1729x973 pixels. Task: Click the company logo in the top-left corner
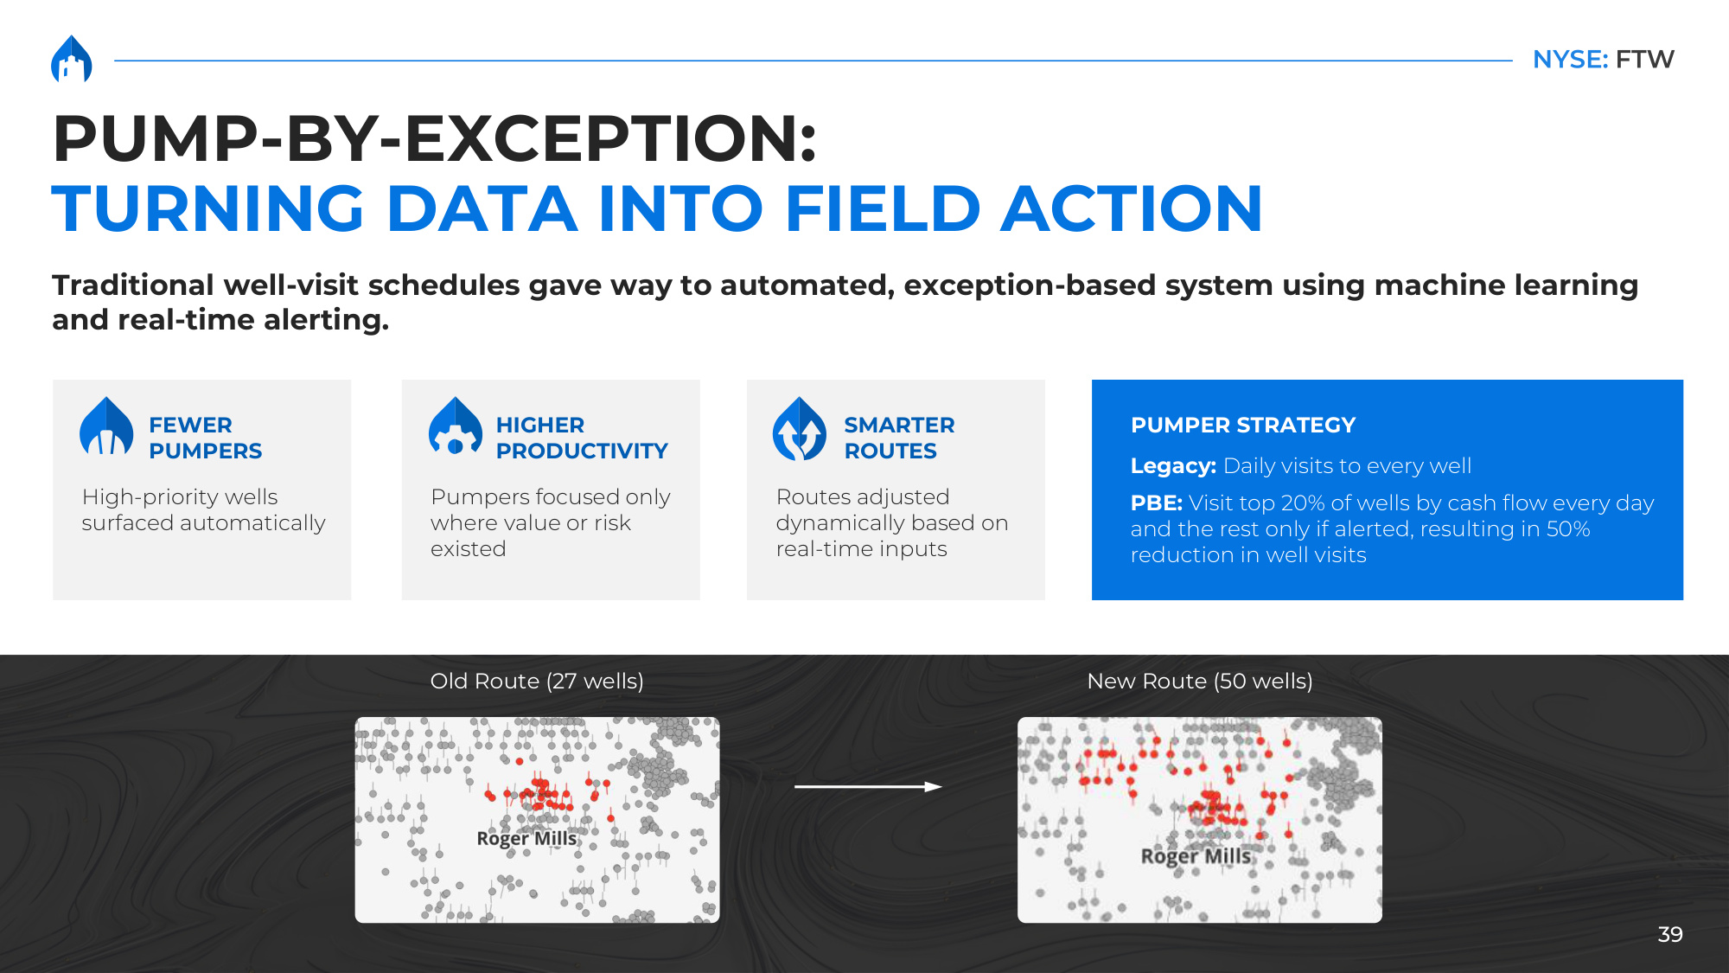(72, 59)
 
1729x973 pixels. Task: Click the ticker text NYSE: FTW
(1604, 60)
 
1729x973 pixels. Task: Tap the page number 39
(1670, 934)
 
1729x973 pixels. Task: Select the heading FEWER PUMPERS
(205, 438)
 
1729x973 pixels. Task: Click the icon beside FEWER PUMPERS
(106, 426)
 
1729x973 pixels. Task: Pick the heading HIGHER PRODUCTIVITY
(582, 438)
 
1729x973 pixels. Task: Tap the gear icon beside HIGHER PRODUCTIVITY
(456, 426)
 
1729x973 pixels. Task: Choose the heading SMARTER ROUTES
(899, 438)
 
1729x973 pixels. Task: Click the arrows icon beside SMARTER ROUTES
(800, 429)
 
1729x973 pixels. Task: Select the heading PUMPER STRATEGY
(1243, 426)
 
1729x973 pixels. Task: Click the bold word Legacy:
(1173, 466)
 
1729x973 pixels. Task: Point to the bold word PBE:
(1157, 503)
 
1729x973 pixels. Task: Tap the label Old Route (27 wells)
(537, 682)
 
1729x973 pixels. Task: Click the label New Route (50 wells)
(1200, 682)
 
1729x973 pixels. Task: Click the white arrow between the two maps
(868, 786)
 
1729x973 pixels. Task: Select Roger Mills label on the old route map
(526, 838)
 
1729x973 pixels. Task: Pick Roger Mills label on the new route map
(1196, 856)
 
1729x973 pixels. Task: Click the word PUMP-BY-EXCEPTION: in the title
(435, 138)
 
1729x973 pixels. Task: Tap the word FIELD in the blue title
(883, 208)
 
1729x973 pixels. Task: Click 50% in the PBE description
(1567, 529)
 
